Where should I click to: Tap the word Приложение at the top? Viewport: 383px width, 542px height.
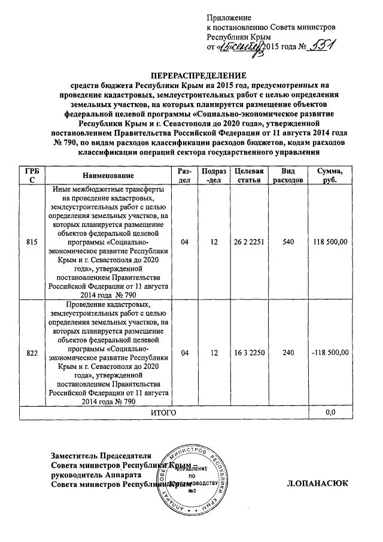coord(229,17)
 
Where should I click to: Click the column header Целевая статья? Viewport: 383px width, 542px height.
coord(250,175)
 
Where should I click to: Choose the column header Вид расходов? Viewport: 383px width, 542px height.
coord(288,175)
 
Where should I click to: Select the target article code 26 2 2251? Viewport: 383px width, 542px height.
coord(250,242)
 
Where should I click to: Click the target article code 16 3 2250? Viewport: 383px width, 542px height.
coord(250,353)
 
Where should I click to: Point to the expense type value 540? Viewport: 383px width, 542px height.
coord(288,242)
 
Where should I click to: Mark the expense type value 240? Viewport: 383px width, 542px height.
coord(288,353)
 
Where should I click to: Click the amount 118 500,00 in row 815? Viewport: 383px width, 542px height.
coord(330,242)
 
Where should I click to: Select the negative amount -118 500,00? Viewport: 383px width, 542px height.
coord(330,353)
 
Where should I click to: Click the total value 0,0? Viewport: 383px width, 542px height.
coord(330,413)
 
